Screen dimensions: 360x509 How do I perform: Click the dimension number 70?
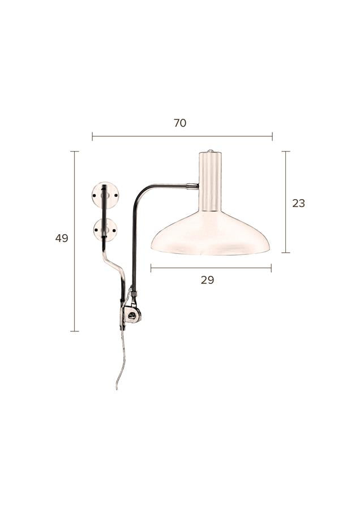click(x=179, y=123)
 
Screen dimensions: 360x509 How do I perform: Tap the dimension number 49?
click(x=62, y=238)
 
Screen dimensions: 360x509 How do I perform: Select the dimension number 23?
click(x=299, y=203)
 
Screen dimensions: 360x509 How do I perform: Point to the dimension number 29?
click(x=207, y=280)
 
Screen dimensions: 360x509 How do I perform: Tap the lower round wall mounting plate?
click(x=112, y=230)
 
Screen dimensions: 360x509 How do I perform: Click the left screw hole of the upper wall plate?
click(x=95, y=196)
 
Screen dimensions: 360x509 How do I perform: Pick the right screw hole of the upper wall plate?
click(x=115, y=196)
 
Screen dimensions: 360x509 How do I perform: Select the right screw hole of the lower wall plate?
click(x=114, y=230)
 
